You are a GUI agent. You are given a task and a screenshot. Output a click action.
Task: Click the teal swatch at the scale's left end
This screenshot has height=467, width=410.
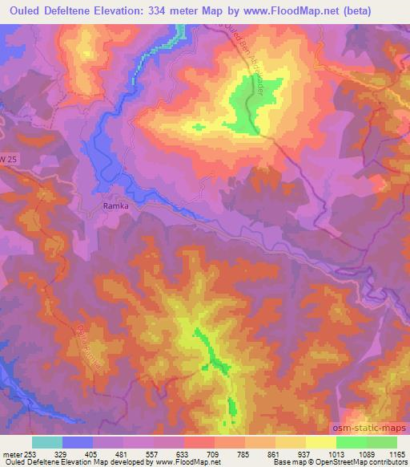[47, 442]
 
